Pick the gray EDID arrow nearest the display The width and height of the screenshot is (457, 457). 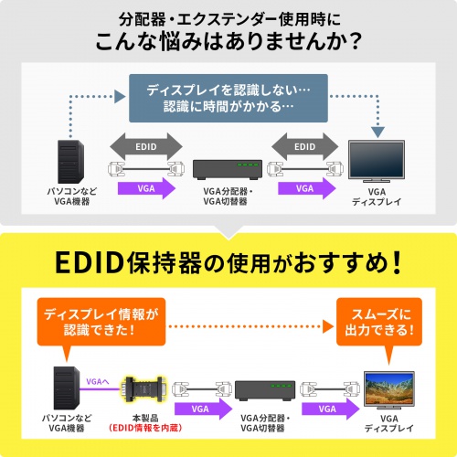click(x=306, y=144)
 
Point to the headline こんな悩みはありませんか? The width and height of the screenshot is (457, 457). click(x=228, y=43)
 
